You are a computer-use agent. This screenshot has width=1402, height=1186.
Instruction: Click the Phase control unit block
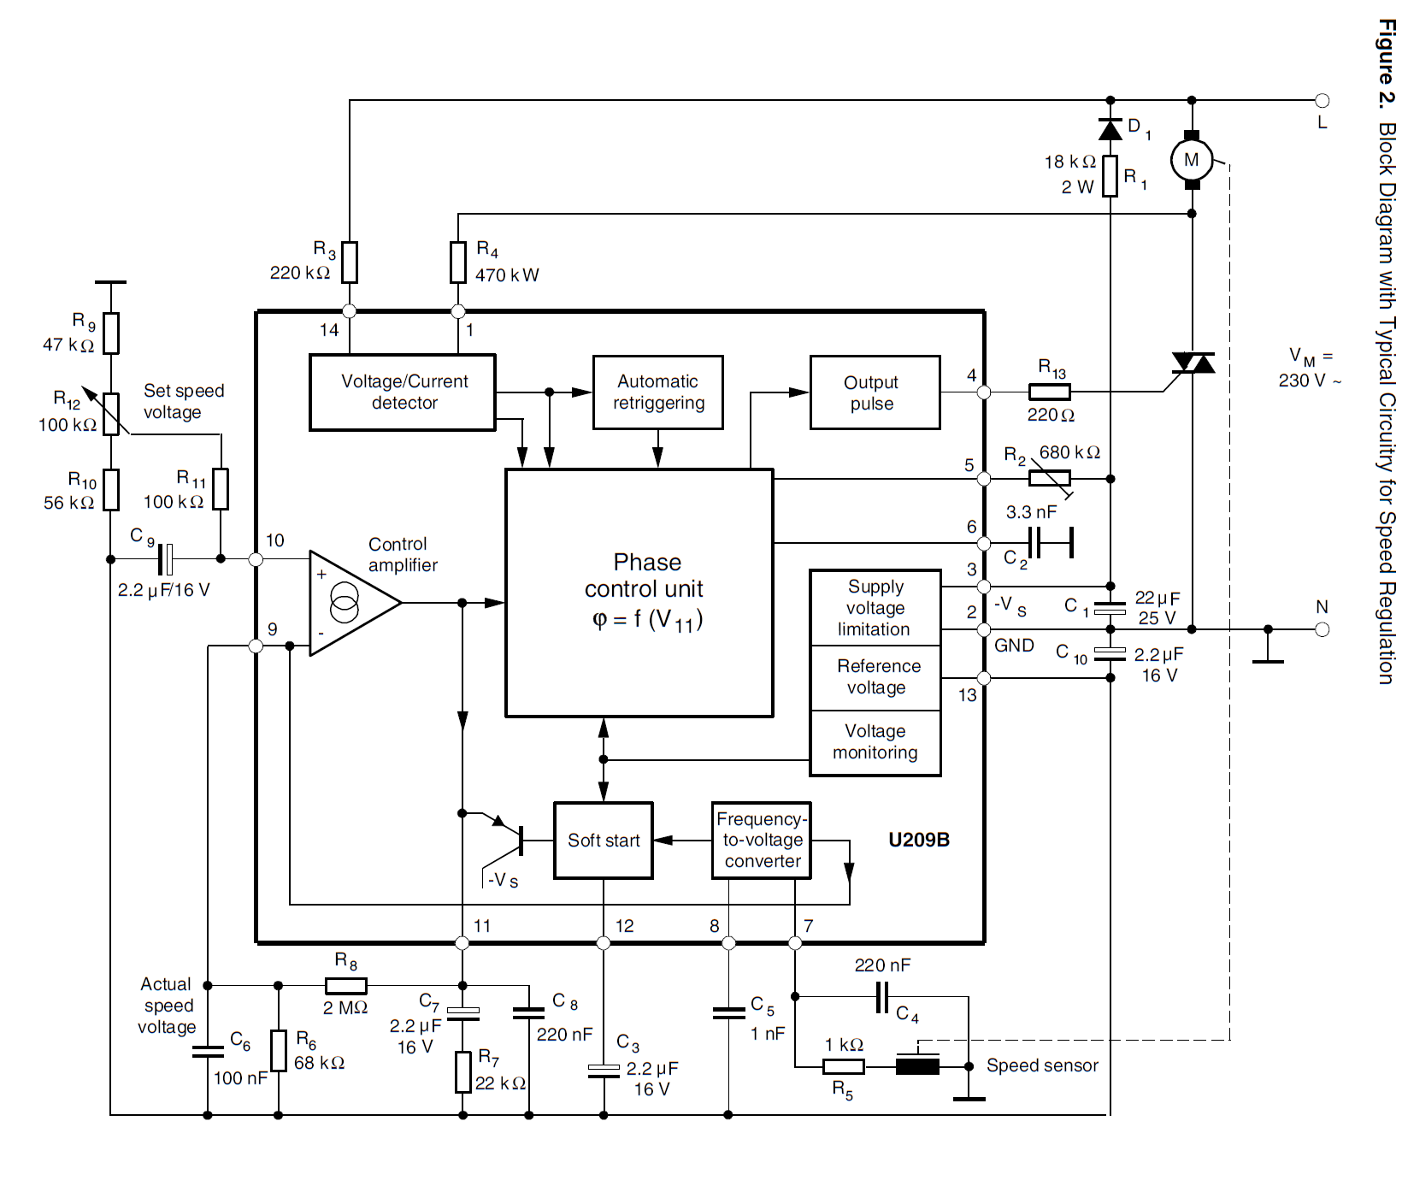point(639,592)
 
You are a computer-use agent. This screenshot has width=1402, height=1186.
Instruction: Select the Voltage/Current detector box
point(403,392)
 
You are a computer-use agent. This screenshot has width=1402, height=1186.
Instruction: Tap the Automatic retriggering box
point(658,392)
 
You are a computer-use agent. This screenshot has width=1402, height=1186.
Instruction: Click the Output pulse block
point(875,392)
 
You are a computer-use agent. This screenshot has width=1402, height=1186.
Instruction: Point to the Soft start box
point(604,841)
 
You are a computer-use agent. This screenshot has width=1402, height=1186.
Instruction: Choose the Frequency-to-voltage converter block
point(762,841)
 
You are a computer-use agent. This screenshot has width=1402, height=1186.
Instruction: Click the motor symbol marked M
point(1192,160)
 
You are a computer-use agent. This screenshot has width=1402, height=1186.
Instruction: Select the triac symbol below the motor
point(1193,363)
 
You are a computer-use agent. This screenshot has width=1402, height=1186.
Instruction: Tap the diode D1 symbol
point(1110,130)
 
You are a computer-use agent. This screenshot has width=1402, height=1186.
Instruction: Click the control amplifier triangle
point(350,603)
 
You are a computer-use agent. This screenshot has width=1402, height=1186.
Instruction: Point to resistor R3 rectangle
point(350,263)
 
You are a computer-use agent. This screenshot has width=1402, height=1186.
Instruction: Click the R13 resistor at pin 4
point(1049,392)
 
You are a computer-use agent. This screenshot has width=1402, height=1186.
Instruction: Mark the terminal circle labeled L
point(1322,100)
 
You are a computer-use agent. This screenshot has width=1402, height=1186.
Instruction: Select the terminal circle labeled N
point(1322,629)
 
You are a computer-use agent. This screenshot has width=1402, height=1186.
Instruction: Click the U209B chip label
point(919,840)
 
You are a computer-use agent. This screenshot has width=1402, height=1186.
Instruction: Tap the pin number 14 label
point(329,330)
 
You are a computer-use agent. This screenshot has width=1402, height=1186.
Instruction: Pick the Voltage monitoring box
point(875,742)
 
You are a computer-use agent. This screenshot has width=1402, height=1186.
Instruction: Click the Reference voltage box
point(875,677)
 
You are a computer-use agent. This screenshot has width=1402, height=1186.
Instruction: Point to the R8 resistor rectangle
point(346,986)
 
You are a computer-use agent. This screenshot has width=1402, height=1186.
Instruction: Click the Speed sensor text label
point(1042,1065)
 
